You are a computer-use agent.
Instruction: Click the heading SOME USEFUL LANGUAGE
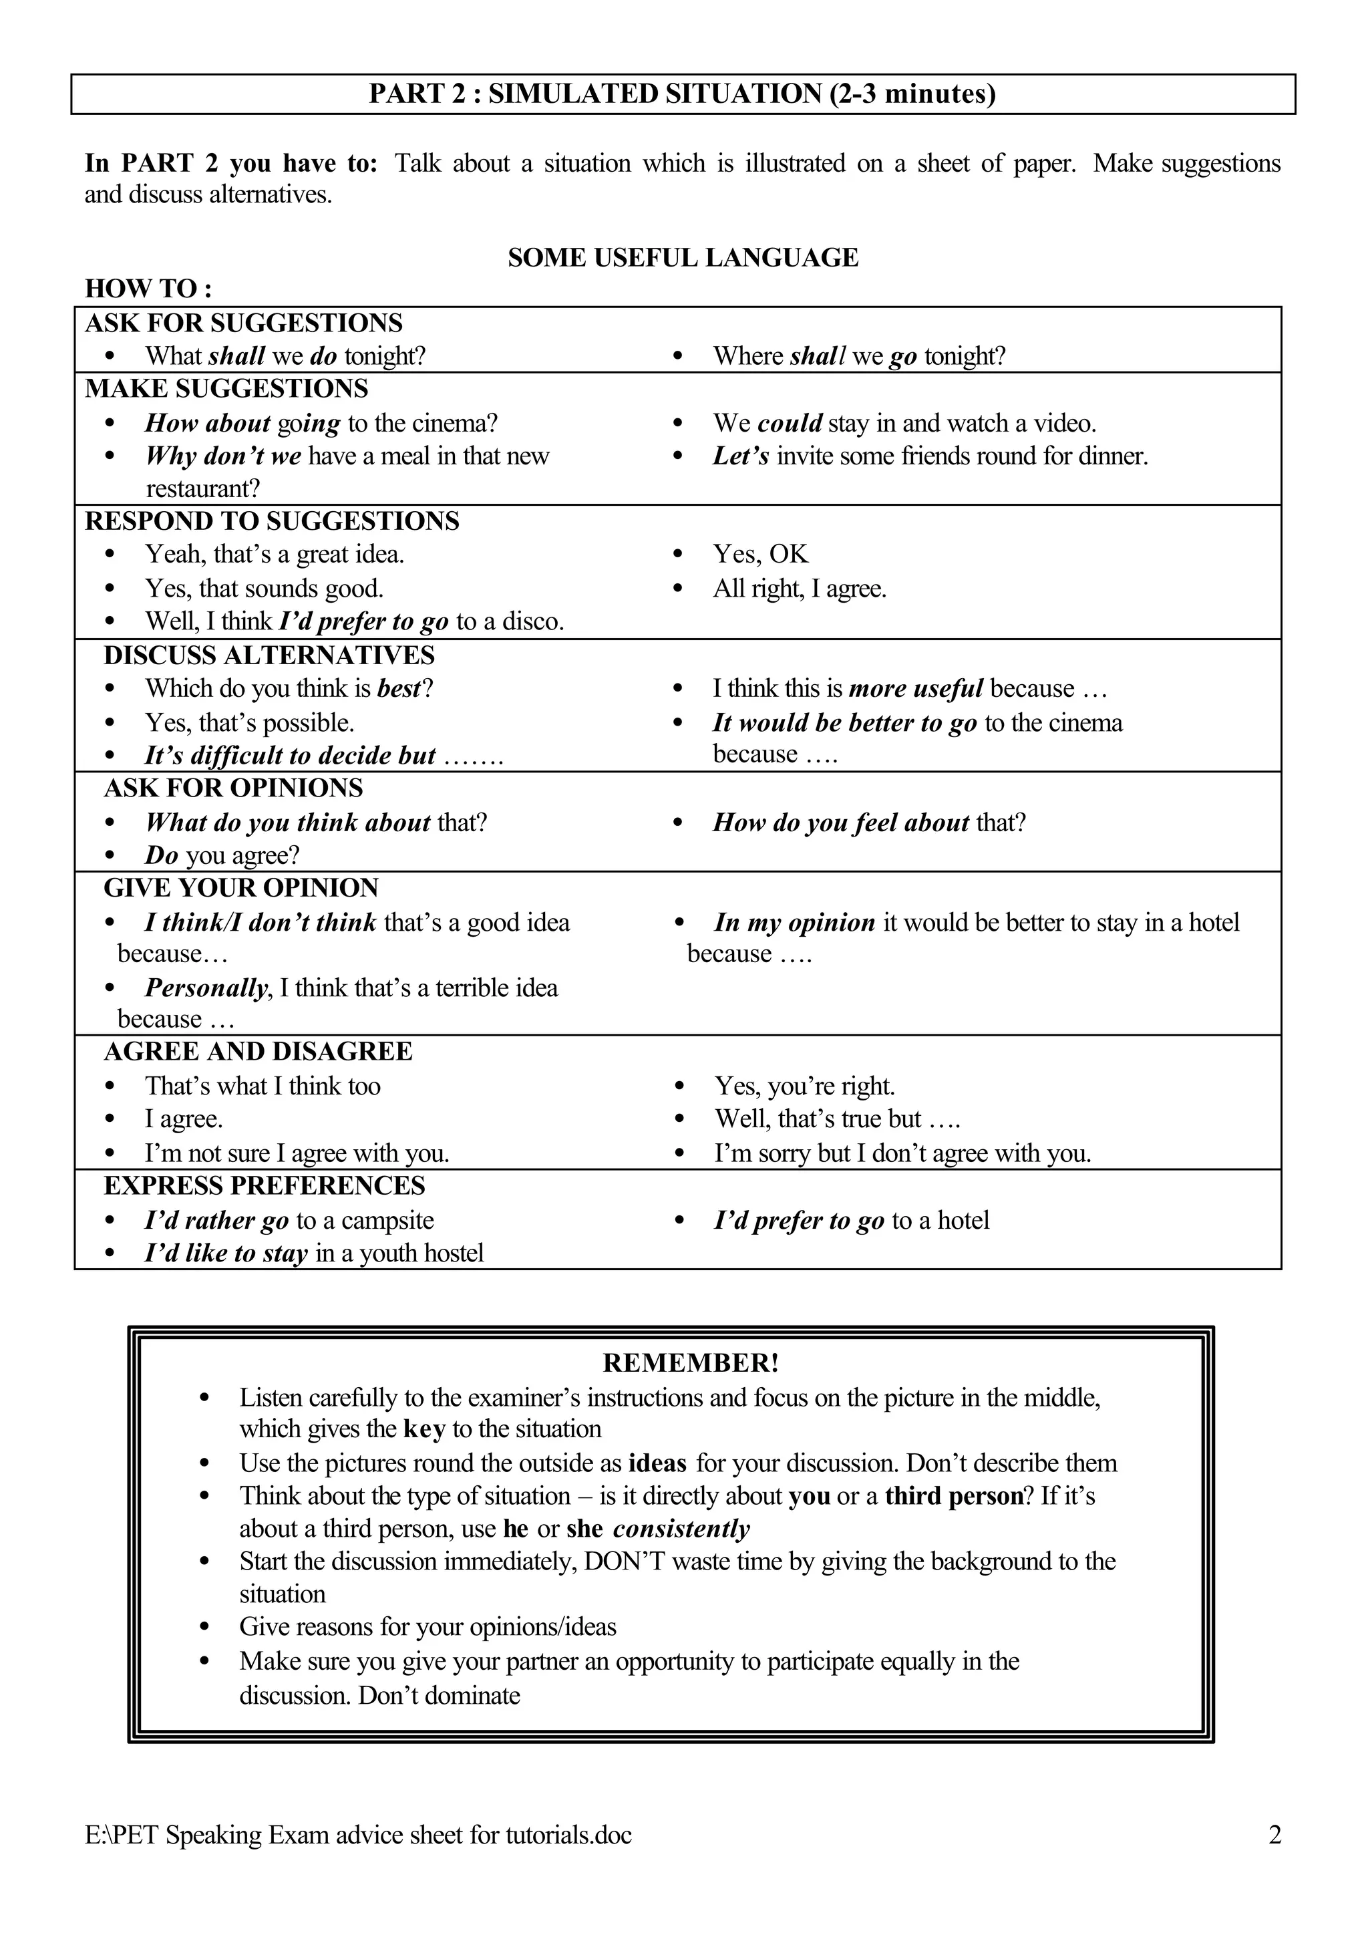[x=683, y=258]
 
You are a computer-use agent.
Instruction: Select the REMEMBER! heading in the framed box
[x=691, y=1362]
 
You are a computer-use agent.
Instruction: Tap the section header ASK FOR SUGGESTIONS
[x=243, y=323]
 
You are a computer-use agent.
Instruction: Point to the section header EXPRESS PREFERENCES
[x=265, y=1185]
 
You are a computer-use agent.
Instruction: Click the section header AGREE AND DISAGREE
[x=258, y=1052]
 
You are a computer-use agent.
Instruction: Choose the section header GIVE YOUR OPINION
[x=241, y=888]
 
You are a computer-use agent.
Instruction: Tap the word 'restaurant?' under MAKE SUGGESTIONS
[x=203, y=488]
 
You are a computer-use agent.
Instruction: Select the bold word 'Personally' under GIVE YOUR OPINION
[x=206, y=988]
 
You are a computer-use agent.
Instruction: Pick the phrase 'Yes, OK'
[x=759, y=555]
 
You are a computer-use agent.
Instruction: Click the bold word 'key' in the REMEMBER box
[x=423, y=1429]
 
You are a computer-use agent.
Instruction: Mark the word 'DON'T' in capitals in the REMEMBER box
[x=624, y=1562]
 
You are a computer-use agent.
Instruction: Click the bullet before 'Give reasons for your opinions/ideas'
[x=204, y=1627]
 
